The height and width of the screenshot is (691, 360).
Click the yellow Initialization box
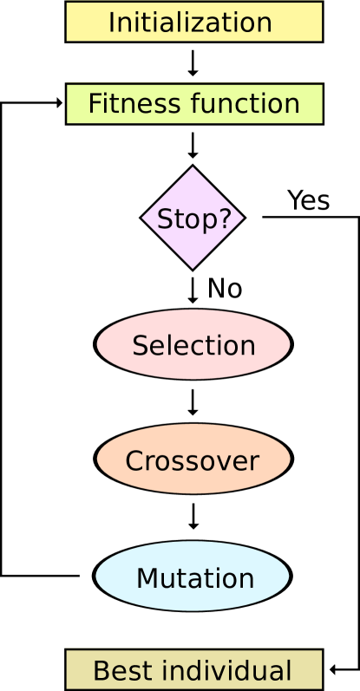[193, 22]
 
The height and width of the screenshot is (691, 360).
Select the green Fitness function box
[193, 104]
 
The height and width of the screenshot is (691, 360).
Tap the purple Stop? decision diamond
[193, 218]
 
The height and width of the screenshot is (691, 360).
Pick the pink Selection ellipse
[193, 344]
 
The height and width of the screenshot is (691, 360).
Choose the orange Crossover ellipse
[193, 460]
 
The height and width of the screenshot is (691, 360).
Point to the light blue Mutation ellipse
[193, 577]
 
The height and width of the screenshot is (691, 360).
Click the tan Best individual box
[193, 670]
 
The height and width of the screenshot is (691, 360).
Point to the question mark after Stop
[226, 219]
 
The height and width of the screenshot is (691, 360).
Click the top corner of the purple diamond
[193, 169]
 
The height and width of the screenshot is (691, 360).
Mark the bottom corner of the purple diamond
[193, 267]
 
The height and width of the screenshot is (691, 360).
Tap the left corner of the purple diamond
[143, 218]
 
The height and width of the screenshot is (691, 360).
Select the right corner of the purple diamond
[242, 218]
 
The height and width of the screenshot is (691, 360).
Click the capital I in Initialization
[111, 23]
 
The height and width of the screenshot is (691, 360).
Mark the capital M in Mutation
[147, 578]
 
